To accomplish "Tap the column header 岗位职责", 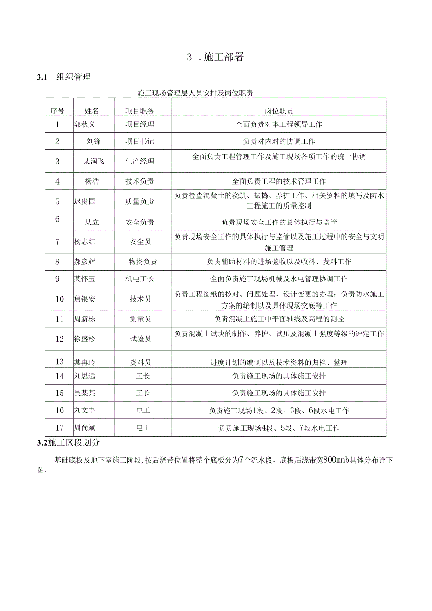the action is pyautogui.click(x=279, y=111).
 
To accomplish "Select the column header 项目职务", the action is pyautogui.click(x=140, y=111).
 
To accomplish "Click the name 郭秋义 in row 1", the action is pyautogui.click(x=85, y=124).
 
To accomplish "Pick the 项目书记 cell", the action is pyautogui.click(x=140, y=141).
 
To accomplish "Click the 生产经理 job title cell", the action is pyautogui.click(x=140, y=161).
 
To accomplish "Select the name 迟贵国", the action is pyautogui.click(x=85, y=201).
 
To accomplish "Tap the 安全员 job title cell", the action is pyautogui.click(x=140, y=242).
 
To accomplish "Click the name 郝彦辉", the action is pyautogui.click(x=85, y=262).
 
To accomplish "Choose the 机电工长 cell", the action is pyautogui.click(x=140, y=278).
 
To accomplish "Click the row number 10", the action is pyautogui.click(x=59, y=299).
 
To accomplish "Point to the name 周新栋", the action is pyautogui.click(x=85, y=319).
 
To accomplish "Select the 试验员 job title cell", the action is pyautogui.click(x=140, y=339).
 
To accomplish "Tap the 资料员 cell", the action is pyautogui.click(x=140, y=362).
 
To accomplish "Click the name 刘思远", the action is pyautogui.click(x=85, y=376).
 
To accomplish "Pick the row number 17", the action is pyautogui.click(x=59, y=428).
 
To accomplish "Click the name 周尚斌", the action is pyautogui.click(x=85, y=428).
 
